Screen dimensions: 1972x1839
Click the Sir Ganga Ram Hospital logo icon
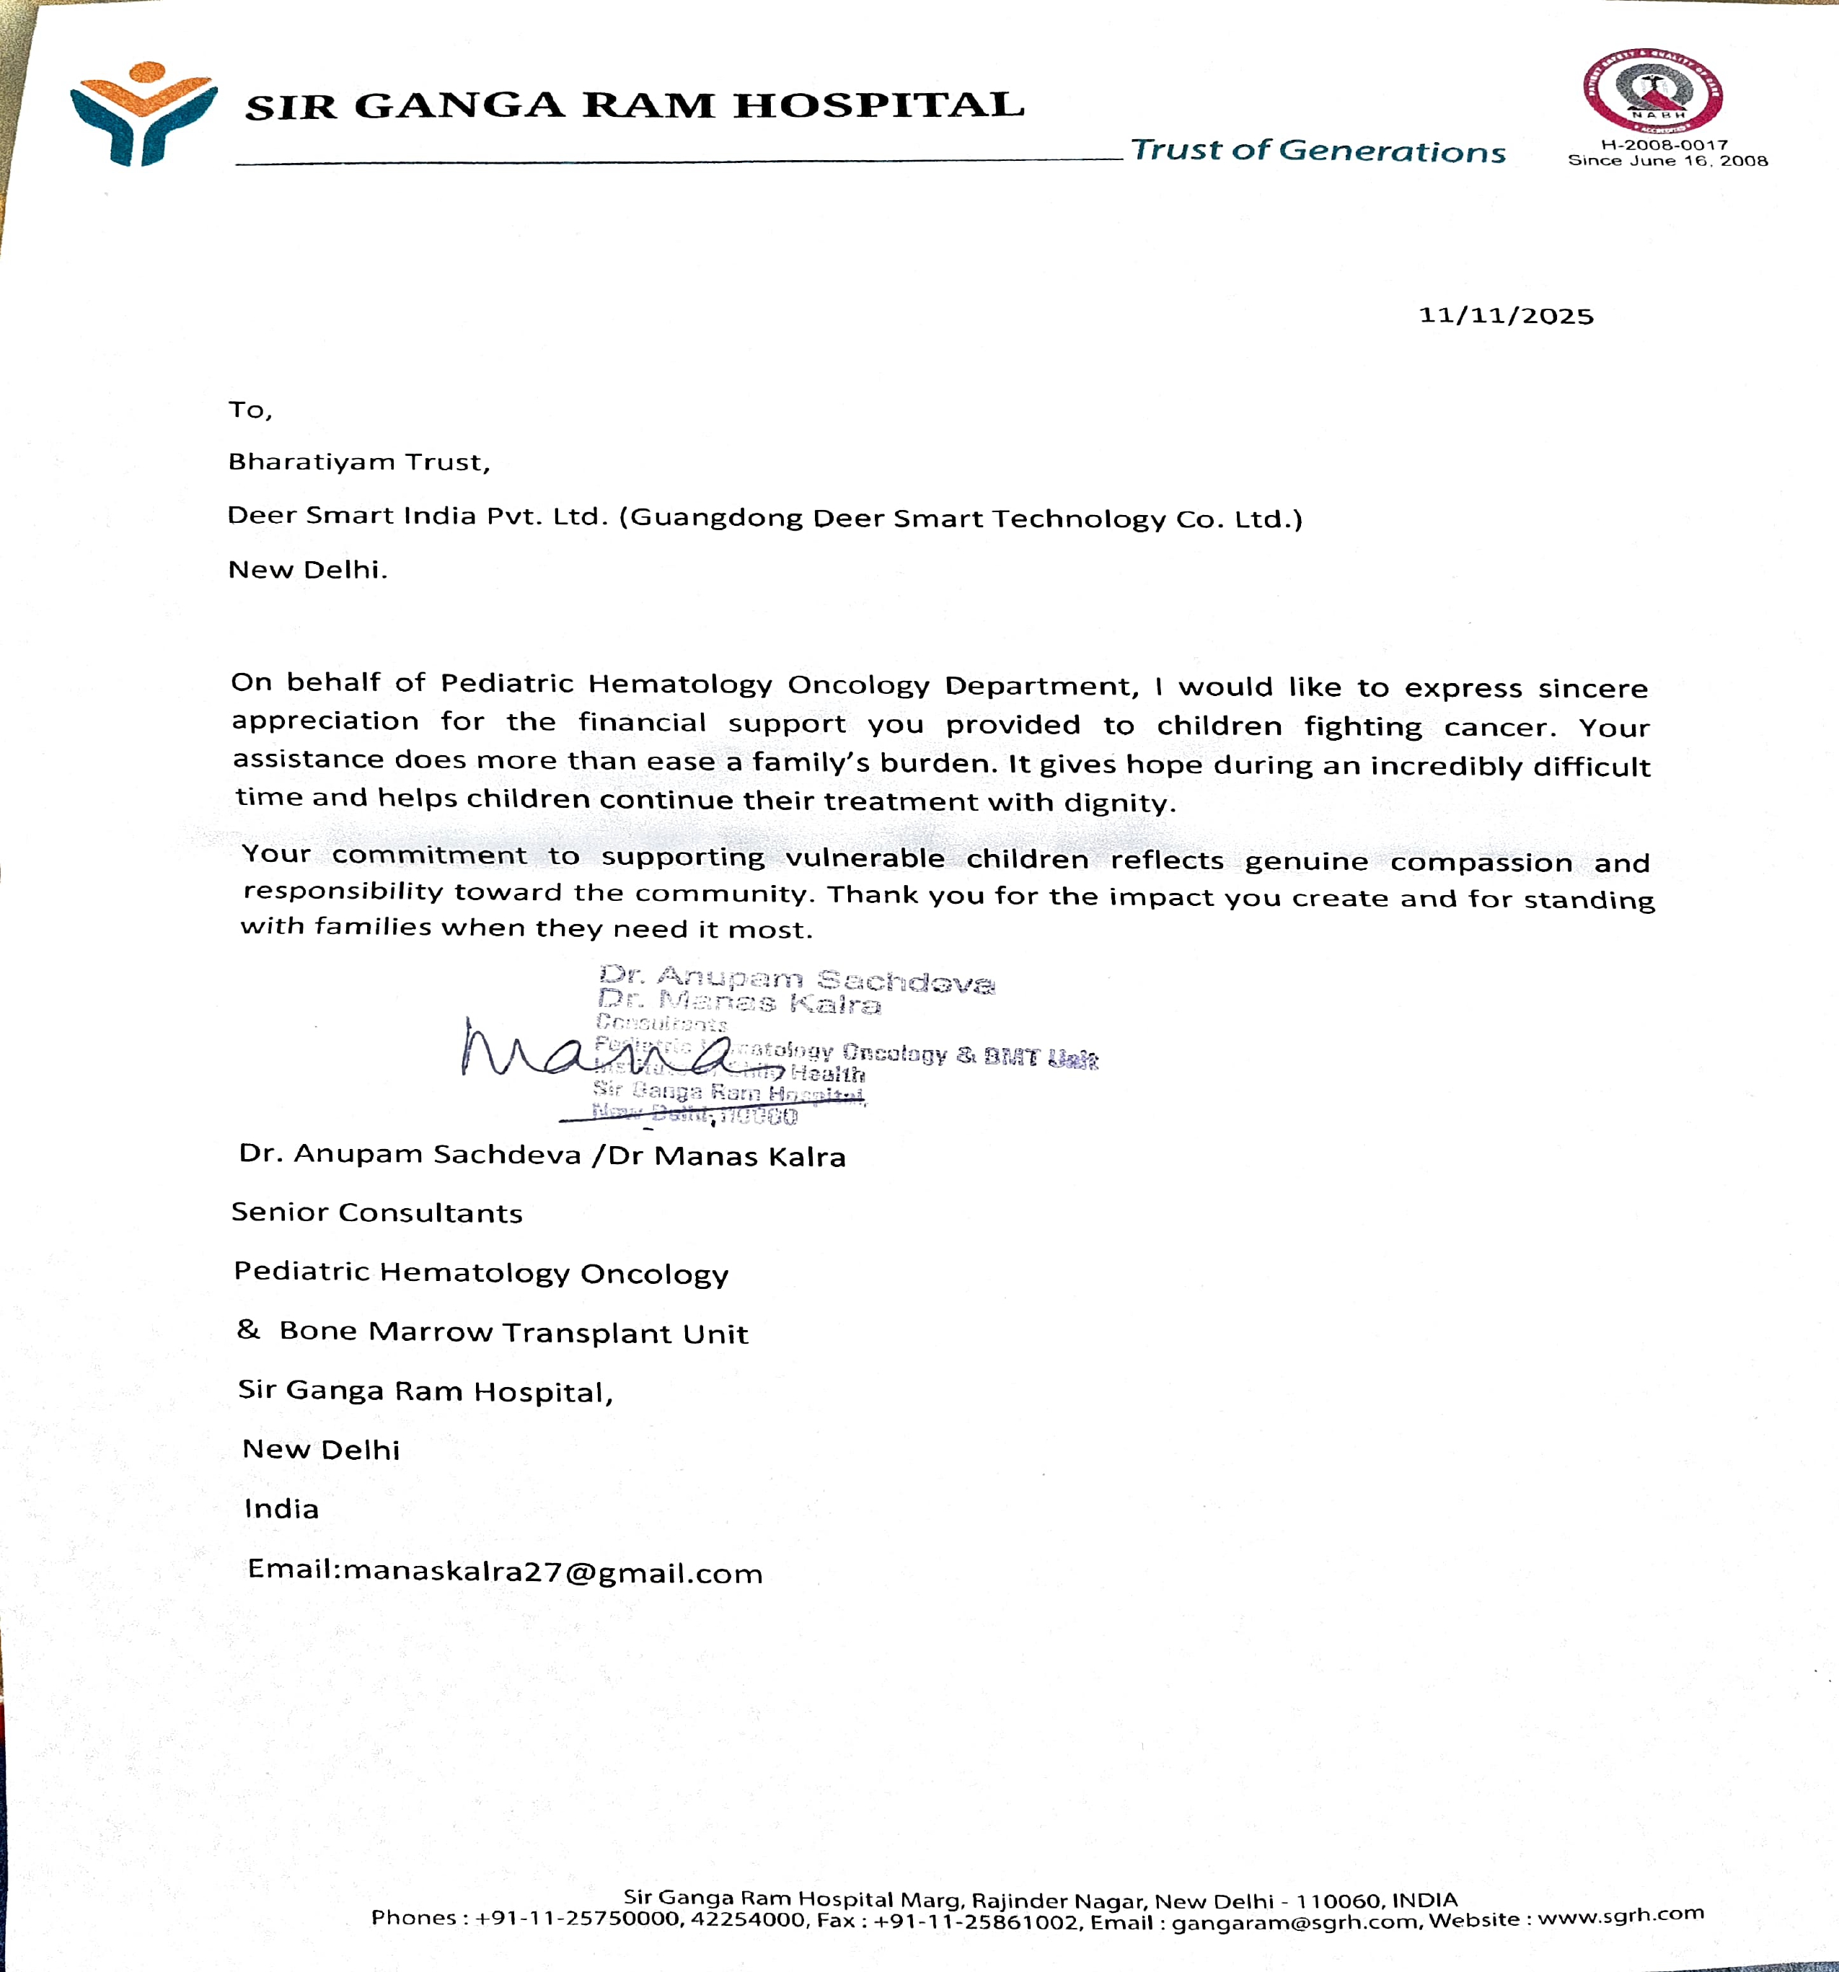143,113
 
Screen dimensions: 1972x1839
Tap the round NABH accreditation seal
1651,92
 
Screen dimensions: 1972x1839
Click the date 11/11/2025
1506,315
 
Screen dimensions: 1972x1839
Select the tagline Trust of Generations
1318,151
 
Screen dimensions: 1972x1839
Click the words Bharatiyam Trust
358,462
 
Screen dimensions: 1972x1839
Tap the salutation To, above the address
250,410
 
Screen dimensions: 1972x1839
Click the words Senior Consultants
377,1212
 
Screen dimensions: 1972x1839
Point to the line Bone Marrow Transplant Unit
513,1332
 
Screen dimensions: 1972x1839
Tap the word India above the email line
282,1509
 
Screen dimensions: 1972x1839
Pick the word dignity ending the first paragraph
1118,803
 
